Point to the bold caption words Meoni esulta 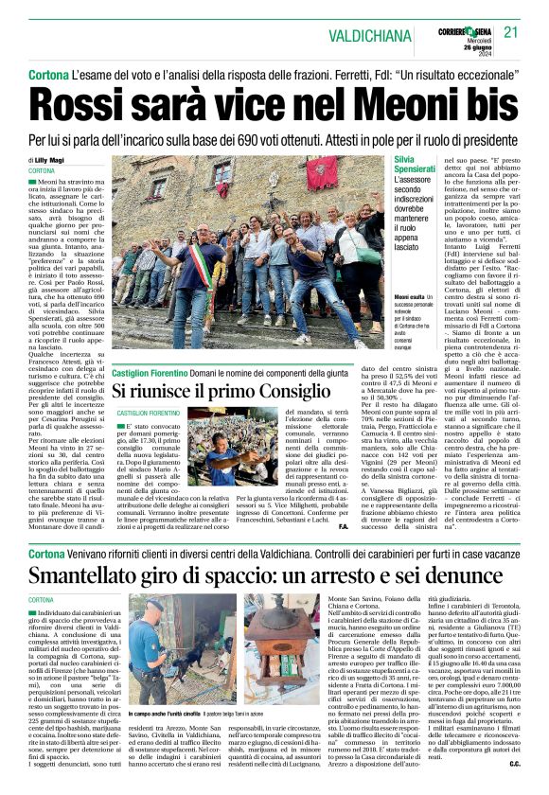click(411, 297)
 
